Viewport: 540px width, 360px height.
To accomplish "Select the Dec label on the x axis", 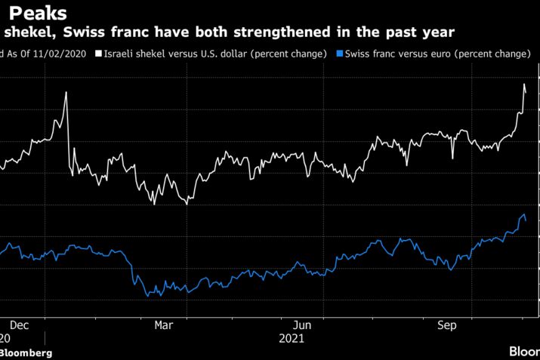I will [20, 325].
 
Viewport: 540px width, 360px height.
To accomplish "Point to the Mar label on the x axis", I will [163, 325].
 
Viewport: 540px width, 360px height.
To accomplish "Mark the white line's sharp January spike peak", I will [66, 92].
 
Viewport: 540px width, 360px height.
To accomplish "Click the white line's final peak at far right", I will [524, 83].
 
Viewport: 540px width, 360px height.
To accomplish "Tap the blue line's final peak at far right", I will [523, 215].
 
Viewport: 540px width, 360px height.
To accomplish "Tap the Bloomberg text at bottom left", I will [26, 353].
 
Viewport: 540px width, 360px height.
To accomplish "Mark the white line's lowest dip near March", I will [187, 204].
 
